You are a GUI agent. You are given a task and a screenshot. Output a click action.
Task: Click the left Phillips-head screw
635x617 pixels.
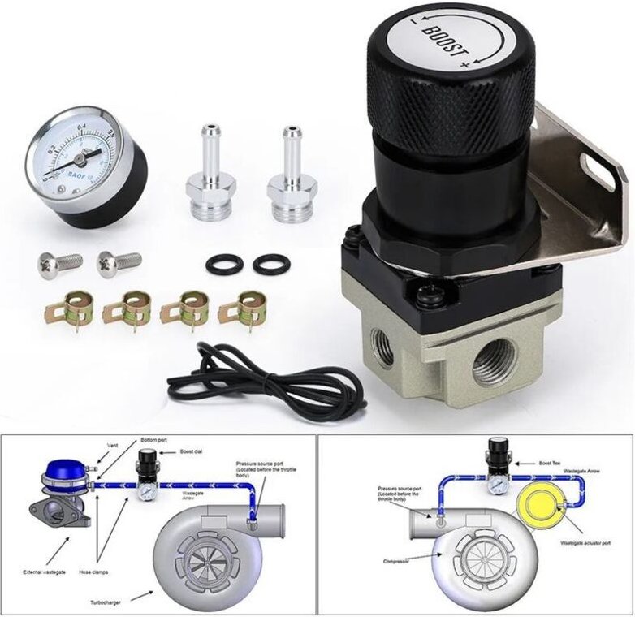coord(59,263)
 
